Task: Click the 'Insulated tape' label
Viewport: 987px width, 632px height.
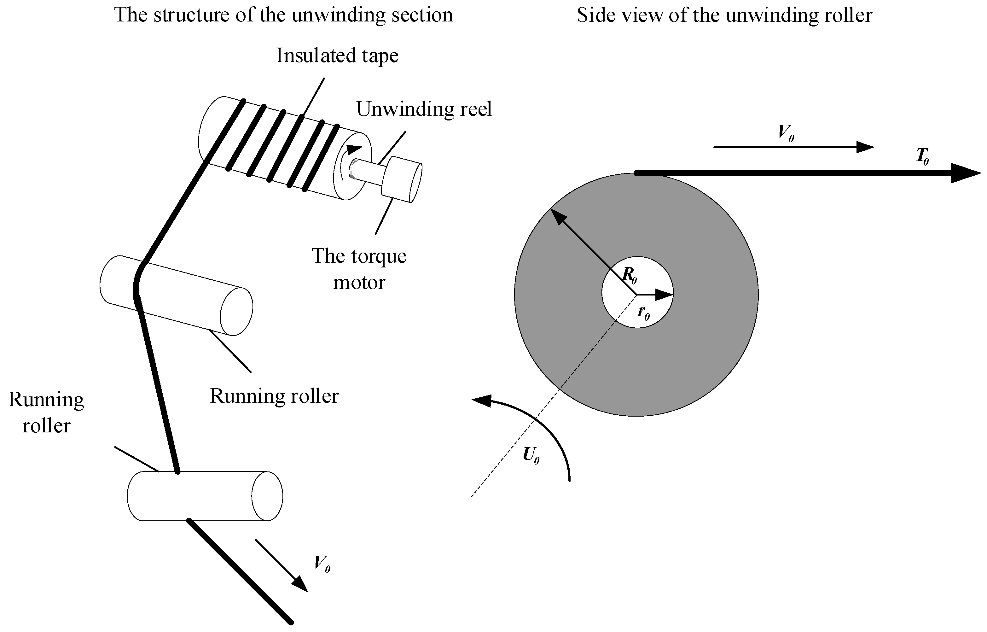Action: tap(337, 56)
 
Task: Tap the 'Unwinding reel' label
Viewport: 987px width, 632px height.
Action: tap(424, 109)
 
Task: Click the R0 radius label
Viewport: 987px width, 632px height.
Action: tap(629, 275)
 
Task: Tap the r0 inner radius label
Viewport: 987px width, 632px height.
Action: tap(643, 313)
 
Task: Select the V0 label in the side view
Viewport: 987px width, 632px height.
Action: tap(786, 133)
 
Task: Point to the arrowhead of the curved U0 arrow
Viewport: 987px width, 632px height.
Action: tap(482, 400)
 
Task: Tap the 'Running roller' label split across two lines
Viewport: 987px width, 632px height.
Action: tap(46, 413)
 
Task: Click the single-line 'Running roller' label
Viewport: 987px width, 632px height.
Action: tap(274, 396)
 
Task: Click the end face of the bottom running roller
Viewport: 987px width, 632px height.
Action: tap(267, 496)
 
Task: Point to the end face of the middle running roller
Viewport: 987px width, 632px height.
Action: tap(236, 311)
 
